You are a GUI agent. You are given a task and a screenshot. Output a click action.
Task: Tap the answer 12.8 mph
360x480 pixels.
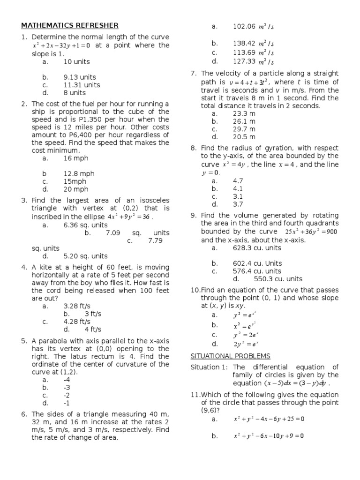(x=79, y=173)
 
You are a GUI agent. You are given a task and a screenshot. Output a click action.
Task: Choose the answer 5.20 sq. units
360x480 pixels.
(x=85, y=256)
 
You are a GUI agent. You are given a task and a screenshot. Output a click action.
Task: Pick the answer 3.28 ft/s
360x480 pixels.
(x=77, y=306)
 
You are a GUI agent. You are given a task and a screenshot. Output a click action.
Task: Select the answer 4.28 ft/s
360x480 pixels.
(x=77, y=322)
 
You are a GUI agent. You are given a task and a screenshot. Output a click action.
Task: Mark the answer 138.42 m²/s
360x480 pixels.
(x=253, y=43)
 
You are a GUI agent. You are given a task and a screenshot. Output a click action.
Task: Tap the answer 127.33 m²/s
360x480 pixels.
(x=253, y=61)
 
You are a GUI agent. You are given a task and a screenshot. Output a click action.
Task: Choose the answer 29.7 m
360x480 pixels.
(x=244, y=129)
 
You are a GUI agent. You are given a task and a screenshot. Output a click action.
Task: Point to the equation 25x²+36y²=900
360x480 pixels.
(x=311, y=232)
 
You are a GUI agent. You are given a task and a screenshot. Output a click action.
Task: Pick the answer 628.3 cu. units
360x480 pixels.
(x=257, y=247)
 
